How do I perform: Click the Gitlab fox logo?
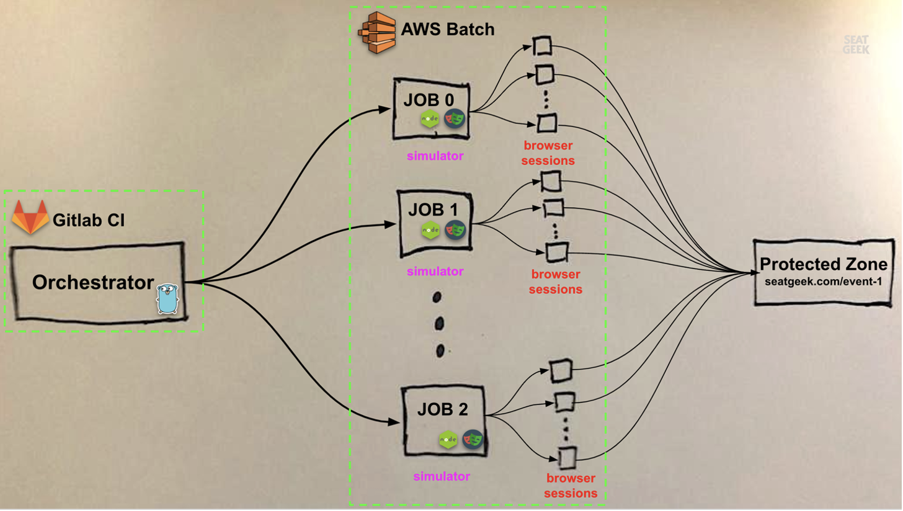coord(30,217)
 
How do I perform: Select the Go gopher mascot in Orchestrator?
coord(167,298)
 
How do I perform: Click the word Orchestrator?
coord(93,283)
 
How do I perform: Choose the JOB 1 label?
coord(434,209)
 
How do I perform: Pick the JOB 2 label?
coord(442,409)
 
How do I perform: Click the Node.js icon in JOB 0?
coord(430,118)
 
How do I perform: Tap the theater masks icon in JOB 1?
coord(455,230)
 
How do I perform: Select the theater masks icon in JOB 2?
coord(473,439)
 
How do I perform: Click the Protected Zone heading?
coord(824,265)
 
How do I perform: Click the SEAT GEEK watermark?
coord(856,45)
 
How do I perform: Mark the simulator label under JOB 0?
coord(435,156)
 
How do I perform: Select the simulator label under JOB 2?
coord(442,476)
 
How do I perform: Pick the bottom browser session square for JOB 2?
coord(567,458)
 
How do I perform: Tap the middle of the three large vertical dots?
coord(439,323)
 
